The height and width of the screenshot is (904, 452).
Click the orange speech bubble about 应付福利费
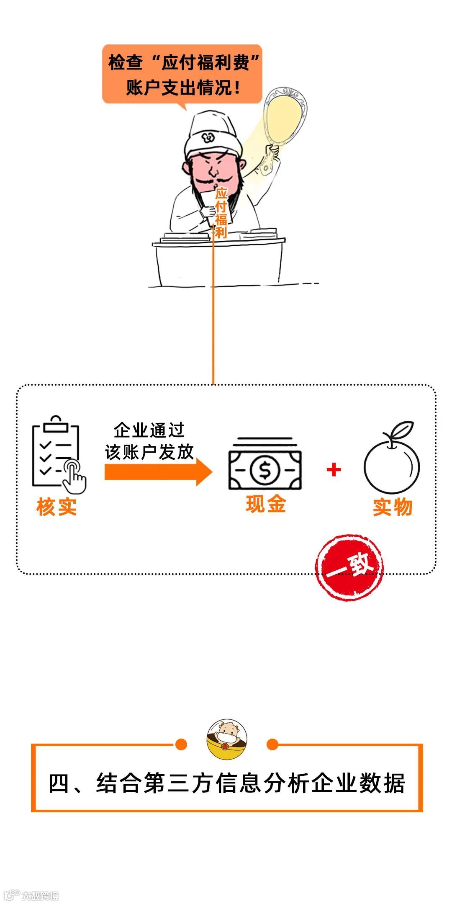pyautogui.click(x=182, y=74)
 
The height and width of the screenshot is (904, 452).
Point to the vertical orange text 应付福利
pyautogui.click(x=221, y=213)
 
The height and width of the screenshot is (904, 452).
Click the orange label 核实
pyautogui.click(x=57, y=507)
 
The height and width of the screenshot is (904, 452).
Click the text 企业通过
pyautogui.click(x=149, y=430)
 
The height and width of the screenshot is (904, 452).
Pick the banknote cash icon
pyautogui.click(x=265, y=465)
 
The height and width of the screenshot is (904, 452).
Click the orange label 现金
pyautogui.click(x=266, y=504)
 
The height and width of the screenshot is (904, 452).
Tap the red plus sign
pyautogui.click(x=334, y=470)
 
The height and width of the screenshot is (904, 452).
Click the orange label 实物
pyautogui.click(x=393, y=507)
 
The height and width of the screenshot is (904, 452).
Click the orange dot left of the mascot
pyautogui.click(x=181, y=744)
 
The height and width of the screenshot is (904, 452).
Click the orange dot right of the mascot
pyautogui.click(x=272, y=744)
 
